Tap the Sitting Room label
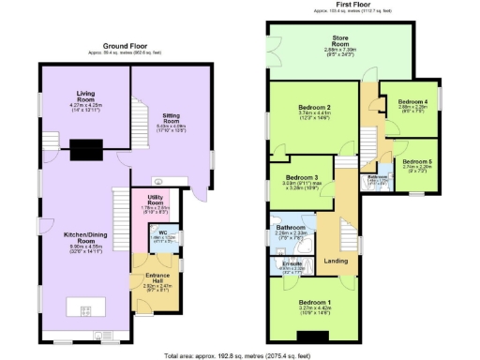[x=171, y=118]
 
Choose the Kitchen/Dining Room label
[x=85, y=245]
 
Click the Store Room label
[x=339, y=40]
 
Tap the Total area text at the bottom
[x=238, y=354]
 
